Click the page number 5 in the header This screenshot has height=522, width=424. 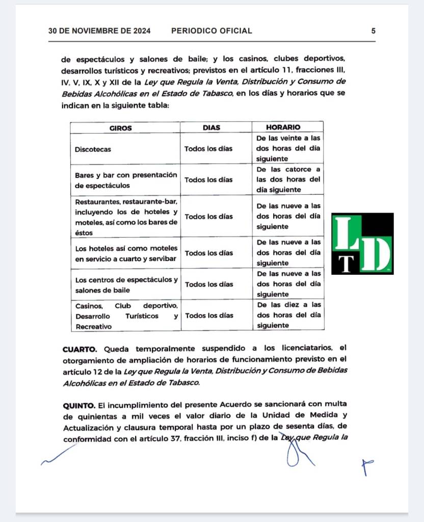pyautogui.click(x=373, y=31)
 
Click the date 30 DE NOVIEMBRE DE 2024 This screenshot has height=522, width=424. pyautogui.click(x=99, y=31)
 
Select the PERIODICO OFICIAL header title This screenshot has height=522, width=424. pyautogui.click(x=211, y=31)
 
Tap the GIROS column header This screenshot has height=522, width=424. pyautogui.click(x=121, y=127)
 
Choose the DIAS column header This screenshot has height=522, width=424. pyautogui.click(x=211, y=127)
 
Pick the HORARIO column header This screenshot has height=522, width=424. pyautogui.click(x=283, y=127)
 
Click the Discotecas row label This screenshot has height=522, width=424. pyautogui.click(x=93, y=149)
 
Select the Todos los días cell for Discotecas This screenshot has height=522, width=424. pyautogui.click(x=208, y=149)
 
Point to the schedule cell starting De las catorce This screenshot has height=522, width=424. pyautogui.click(x=288, y=179)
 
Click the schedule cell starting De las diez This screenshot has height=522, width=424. pyautogui.click(x=288, y=315)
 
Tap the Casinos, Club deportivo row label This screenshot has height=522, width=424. pyautogui.click(x=126, y=316)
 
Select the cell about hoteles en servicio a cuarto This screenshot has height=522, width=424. pyautogui.click(x=126, y=253)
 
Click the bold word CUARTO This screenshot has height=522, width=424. pyautogui.click(x=81, y=349)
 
